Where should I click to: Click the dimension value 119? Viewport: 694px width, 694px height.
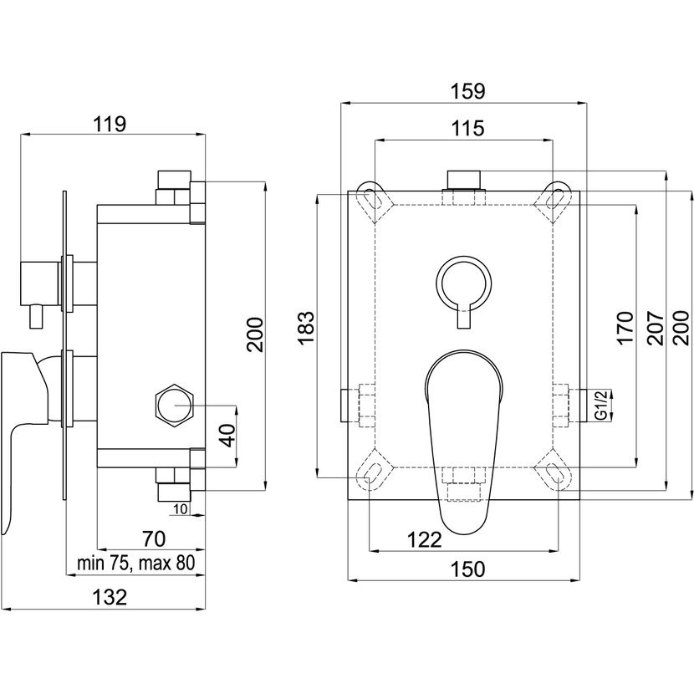pyautogui.click(x=109, y=125)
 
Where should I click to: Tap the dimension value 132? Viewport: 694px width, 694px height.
pyautogui.click(x=110, y=597)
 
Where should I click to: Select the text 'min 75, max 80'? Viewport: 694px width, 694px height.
pyautogui.click(x=135, y=563)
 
